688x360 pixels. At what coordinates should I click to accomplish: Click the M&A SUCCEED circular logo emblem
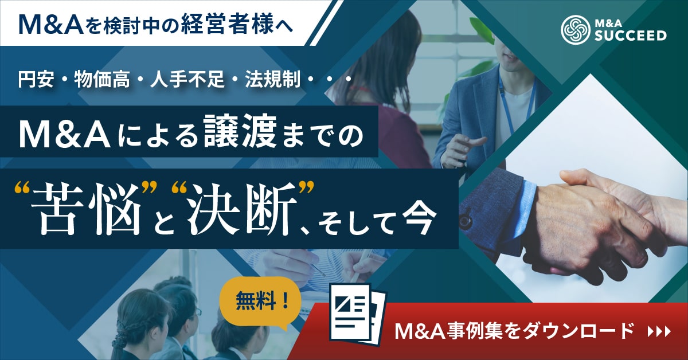(576, 30)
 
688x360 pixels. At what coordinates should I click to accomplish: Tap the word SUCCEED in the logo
(630, 36)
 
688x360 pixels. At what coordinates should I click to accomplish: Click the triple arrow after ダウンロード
(659, 332)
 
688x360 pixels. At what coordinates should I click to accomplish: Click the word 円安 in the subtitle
(36, 79)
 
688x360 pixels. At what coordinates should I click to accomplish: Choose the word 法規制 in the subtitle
(273, 79)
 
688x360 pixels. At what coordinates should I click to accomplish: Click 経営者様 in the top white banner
(227, 24)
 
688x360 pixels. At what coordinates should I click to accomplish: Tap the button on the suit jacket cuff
(464, 220)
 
